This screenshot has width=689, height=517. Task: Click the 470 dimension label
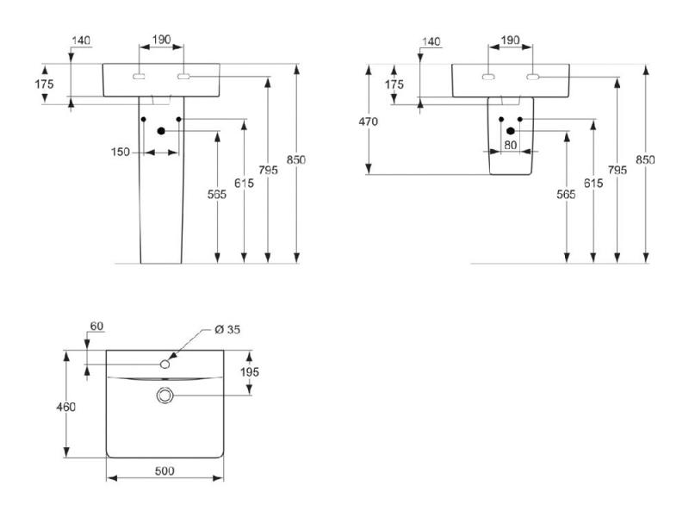[x=368, y=121]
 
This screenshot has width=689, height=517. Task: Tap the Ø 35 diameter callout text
[x=227, y=329]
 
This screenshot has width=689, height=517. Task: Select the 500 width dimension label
[x=164, y=470]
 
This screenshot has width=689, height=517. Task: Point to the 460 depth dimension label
[x=66, y=407]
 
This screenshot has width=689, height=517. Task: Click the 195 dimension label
[x=249, y=372]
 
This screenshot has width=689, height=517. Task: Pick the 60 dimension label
[x=96, y=326]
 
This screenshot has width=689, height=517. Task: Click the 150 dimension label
[x=120, y=153]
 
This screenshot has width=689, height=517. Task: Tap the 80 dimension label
[x=510, y=145]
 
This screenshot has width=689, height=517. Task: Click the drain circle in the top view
[x=164, y=396]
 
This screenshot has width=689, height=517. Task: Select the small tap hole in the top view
[x=164, y=364]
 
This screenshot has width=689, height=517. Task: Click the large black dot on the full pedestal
[x=161, y=131]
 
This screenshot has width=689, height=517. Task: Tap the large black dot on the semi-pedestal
[x=510, y=131]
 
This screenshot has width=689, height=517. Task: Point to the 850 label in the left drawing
[x=295, y=159]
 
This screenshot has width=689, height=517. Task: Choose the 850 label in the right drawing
[x=645, y=159]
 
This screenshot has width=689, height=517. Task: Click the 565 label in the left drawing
[x=217, y=194]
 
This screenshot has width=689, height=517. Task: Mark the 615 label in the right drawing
[x=593, y=183]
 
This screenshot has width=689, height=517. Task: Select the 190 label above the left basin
[x=161, y=40]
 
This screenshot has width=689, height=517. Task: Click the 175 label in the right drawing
[x=394, y=84]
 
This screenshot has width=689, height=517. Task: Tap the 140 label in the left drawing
[x=81, y=40]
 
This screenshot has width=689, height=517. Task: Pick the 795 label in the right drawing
[x=618, y=170]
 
